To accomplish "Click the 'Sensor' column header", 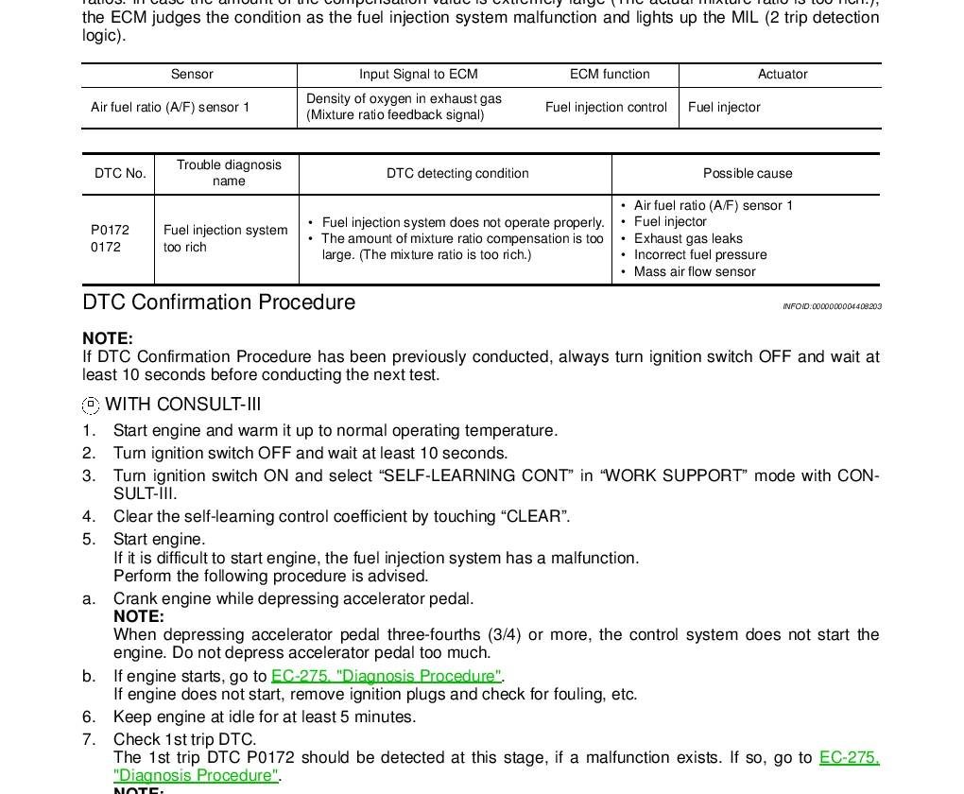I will [192, 75].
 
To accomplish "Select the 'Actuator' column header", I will [782, 75].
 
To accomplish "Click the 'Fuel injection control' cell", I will [606, 108].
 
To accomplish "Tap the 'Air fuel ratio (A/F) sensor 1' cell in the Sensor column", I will [170, 108].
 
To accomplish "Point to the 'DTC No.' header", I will [120, 174].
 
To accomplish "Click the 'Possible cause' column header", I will [747, 174].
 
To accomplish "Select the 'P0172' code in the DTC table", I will [110, 230].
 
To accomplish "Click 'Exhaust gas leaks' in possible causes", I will [688, 239].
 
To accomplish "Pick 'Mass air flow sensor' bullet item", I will [695, 272].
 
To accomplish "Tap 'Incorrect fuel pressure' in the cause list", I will [700, 255].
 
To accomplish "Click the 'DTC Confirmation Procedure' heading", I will [219, 302].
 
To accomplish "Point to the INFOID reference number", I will [832, 306].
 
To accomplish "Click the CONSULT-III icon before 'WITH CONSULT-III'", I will [91, 406].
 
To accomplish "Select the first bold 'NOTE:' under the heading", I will [108, 338].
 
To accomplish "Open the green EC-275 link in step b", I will [386, 676].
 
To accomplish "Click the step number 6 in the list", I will [89, 717].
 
